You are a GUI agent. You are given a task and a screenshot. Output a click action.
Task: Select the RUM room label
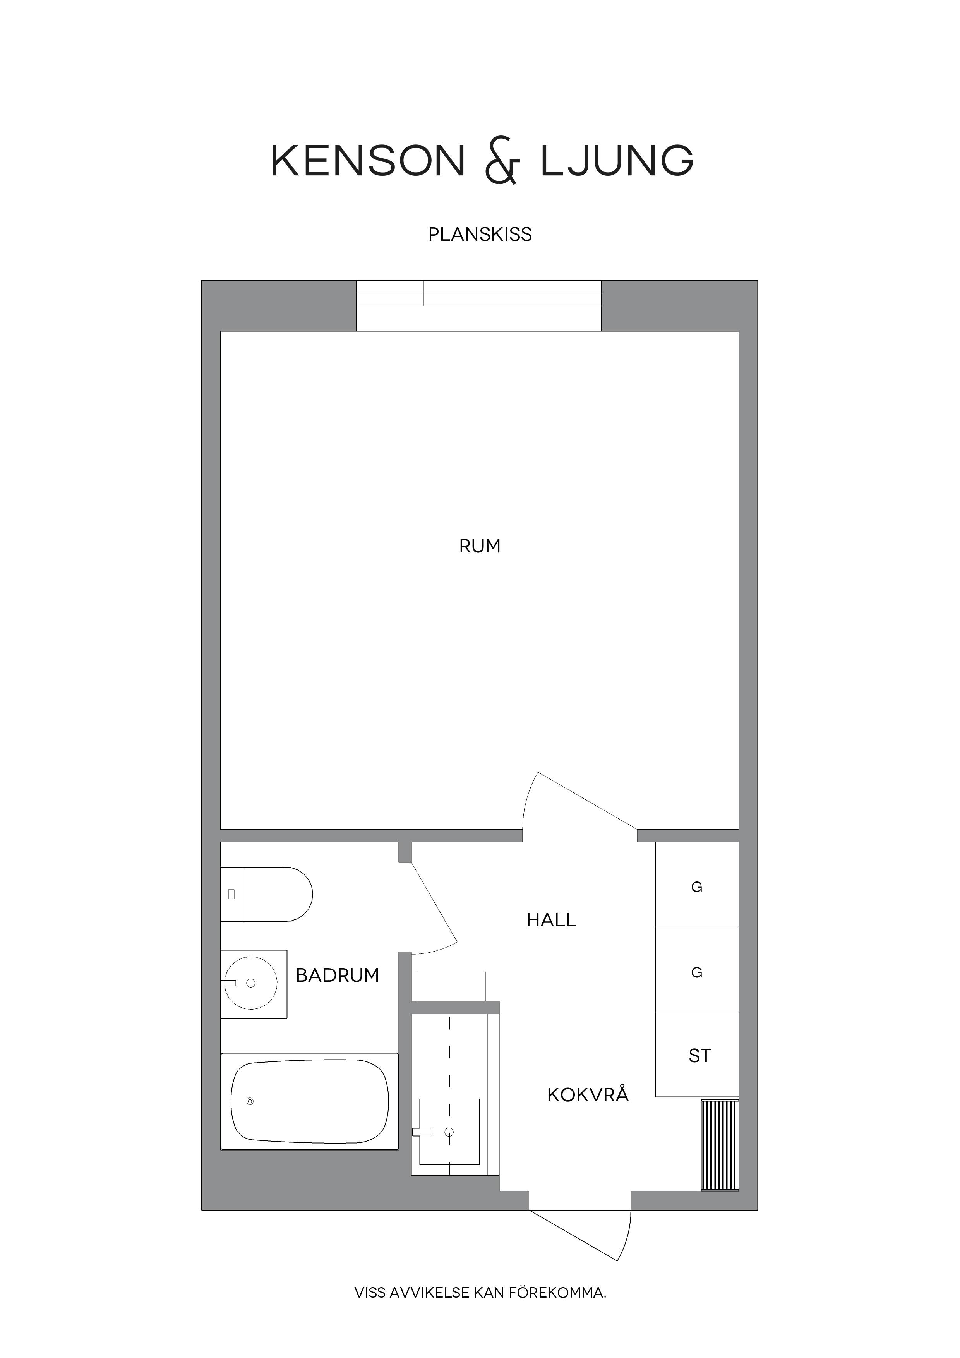pos(480,546)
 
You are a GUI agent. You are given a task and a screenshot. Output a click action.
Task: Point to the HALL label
pos(551,920)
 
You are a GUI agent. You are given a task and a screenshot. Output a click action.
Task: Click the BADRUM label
pos(337,975)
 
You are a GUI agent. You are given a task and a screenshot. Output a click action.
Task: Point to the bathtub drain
pos(250,1101)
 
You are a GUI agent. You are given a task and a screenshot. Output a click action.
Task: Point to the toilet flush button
pos(231,894)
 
